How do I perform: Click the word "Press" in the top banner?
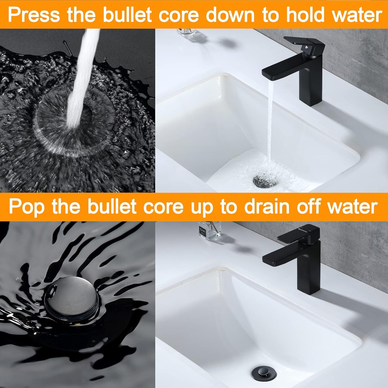(34, 15)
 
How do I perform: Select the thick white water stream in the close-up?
(81, 81)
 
